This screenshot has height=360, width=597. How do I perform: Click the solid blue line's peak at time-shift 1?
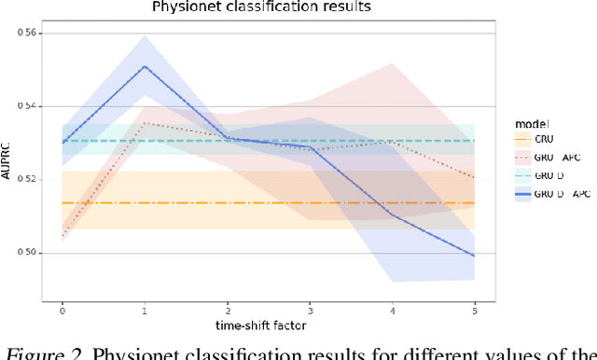coord(144,66)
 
